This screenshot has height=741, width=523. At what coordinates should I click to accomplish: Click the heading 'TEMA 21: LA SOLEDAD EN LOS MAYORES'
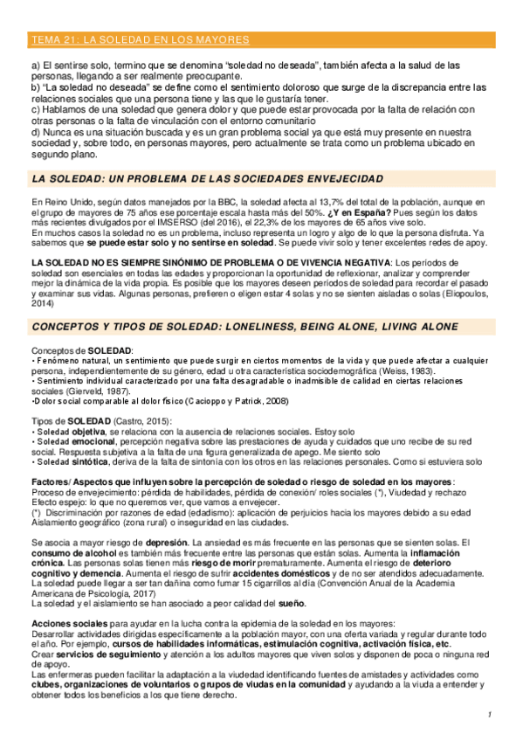[x=140, y=40]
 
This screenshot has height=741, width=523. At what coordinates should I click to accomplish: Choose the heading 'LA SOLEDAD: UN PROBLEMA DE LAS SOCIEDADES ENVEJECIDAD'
[x=206, y=179]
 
